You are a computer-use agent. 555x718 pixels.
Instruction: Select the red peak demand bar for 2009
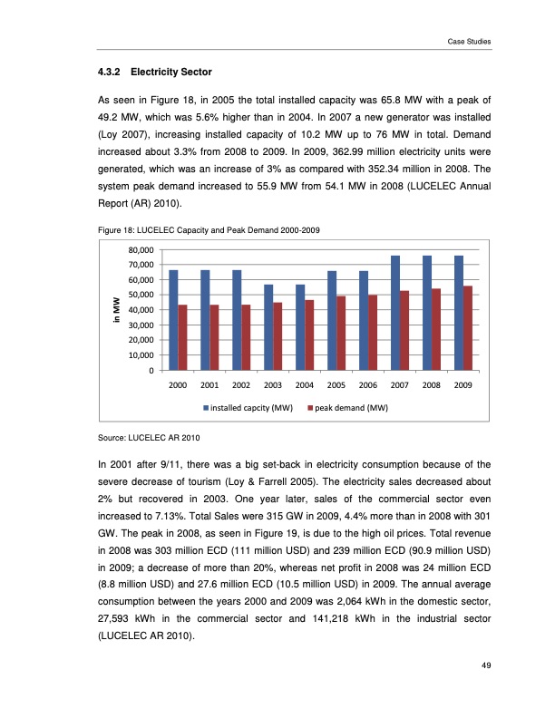468,328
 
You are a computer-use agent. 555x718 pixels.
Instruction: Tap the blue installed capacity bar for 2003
268,327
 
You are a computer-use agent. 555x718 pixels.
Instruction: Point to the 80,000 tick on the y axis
141,249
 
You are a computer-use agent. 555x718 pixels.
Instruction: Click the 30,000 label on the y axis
141,325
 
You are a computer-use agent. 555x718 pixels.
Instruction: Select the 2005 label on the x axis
336,384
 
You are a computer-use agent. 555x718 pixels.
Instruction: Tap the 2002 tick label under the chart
241,384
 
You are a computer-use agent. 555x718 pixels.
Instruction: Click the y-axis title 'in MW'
115,309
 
